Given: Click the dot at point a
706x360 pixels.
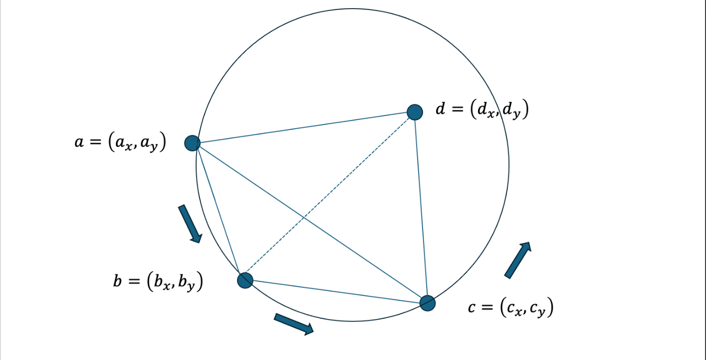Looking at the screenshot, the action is (192, 143).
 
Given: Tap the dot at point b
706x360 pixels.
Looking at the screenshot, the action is (245, 280).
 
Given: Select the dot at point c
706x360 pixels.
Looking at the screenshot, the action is (428, 303).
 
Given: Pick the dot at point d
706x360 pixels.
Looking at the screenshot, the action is (415, 112).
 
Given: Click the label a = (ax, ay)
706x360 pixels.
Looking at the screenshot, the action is (121, 143).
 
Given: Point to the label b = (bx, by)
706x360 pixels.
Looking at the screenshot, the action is (158, 281).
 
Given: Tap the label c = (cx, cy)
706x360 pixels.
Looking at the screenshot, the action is (510, 307).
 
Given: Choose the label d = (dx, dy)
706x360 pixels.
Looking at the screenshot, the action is (482, 110).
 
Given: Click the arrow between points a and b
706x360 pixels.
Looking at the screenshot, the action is (190, 223).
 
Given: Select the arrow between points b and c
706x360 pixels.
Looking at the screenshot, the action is (293, 323).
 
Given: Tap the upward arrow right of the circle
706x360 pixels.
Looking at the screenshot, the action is (518, 260).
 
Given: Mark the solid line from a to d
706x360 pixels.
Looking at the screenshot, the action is (303, 128).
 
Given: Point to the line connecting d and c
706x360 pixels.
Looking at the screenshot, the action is (421, 207).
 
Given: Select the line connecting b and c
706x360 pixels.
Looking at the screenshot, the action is (336, 291).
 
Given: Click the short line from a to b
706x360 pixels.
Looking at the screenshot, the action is (218, 212).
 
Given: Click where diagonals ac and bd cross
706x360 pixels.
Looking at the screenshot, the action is (303, 217).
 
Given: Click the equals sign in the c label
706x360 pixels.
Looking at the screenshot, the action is (487, 307).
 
